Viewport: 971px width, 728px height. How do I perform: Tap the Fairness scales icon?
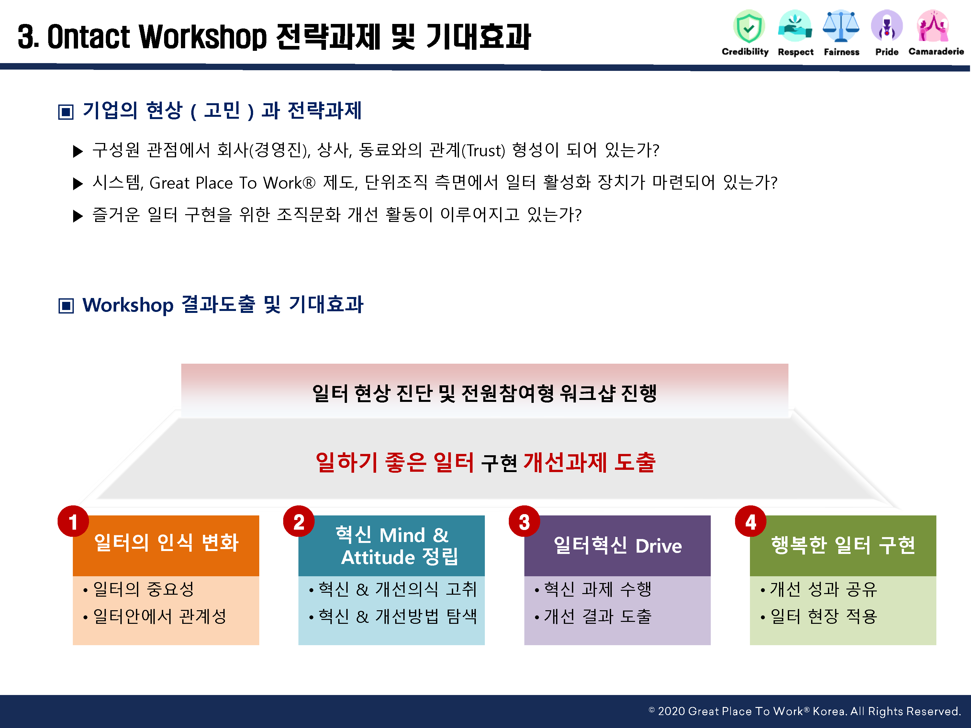841,26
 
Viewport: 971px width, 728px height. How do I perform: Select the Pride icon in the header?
887,26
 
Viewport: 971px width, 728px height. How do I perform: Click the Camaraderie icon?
933,26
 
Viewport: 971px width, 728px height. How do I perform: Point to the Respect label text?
796,52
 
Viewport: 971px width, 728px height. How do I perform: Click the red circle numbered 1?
73,521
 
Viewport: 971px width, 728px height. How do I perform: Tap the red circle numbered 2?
299,521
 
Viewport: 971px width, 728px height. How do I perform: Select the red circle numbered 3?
525,521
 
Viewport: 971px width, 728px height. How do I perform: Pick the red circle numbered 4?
751,521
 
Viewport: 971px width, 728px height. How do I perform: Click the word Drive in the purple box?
658,546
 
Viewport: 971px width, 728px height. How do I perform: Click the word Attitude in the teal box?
378,557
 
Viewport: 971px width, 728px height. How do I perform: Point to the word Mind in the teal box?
402,535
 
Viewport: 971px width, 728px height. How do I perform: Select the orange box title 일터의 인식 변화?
166,542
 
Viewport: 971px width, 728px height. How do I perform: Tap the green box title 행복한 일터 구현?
843,545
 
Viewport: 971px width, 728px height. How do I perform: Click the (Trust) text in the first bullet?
483,150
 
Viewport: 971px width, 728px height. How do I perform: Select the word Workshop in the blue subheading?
128,305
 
